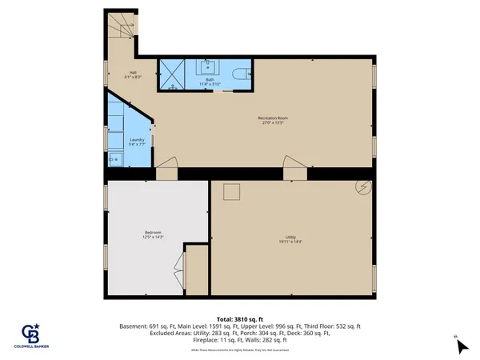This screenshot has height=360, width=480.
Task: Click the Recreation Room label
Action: click(x=272, y=118)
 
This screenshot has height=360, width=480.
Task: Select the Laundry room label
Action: click(x=136, y=140)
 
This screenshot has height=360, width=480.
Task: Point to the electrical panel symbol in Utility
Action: click(x=363, y=187)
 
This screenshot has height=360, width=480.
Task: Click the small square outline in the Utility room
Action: click(x=232, y=191)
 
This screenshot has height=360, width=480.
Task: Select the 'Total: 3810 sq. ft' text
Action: click(x=239, y=318)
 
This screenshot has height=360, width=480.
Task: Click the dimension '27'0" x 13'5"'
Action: click(x=272, y=123)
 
